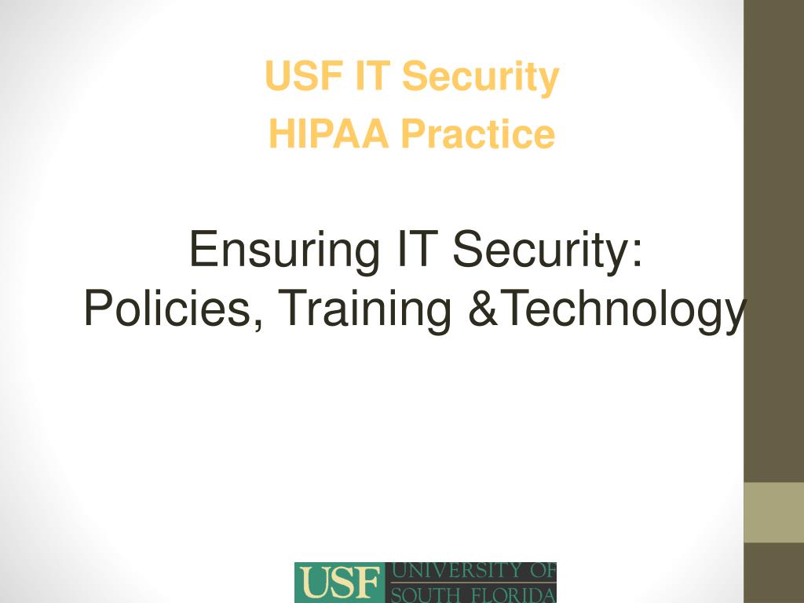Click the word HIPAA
tap(328, 133)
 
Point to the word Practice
tap(478, 133)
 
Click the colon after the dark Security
tap(637, 254)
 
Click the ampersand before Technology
tap(483, 308)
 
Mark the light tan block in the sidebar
tap(773, 512)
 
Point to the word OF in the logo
tap(543, 570)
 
